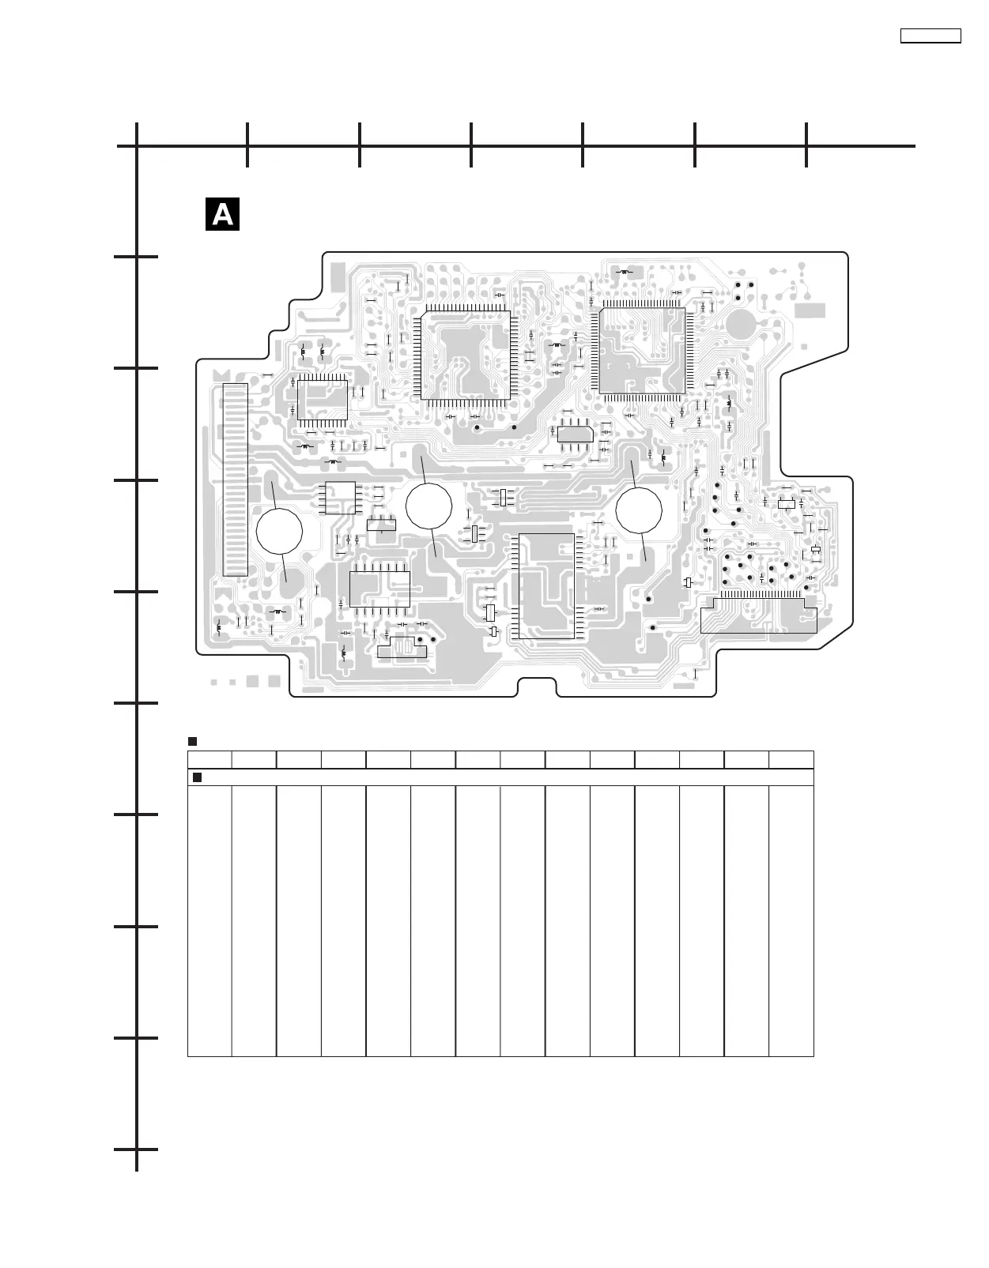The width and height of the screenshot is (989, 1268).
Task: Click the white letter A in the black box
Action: (222, 214)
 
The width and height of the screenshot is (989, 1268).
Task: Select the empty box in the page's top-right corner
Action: (930, 36)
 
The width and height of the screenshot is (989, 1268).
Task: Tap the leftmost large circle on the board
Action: (279, 532)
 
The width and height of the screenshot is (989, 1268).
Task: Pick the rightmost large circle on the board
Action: (639, 510)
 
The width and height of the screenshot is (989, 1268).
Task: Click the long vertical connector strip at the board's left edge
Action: (236, 480)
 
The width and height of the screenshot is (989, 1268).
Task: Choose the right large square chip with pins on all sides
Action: (642, 351)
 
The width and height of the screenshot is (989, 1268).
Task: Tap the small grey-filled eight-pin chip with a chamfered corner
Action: (575, 434)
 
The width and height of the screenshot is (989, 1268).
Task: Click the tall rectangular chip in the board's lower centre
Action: (545, 585)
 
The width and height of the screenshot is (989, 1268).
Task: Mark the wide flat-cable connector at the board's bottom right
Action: (758, 615)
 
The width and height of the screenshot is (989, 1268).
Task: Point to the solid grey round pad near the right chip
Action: (741, 323)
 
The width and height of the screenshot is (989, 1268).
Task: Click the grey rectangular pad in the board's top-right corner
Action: (810, 310)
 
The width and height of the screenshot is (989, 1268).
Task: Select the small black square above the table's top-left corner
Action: (191, 741)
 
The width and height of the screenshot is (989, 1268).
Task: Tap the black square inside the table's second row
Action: (198, 777)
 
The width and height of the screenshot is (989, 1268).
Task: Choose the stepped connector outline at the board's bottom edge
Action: (402, 649)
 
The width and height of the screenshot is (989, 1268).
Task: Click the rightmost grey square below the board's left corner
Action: (274, 681)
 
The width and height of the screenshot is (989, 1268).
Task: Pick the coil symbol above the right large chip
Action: (626, 272)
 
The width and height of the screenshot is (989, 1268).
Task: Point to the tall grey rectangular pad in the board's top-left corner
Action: (338, 275)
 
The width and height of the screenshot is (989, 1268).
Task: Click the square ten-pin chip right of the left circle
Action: (341, 498)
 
